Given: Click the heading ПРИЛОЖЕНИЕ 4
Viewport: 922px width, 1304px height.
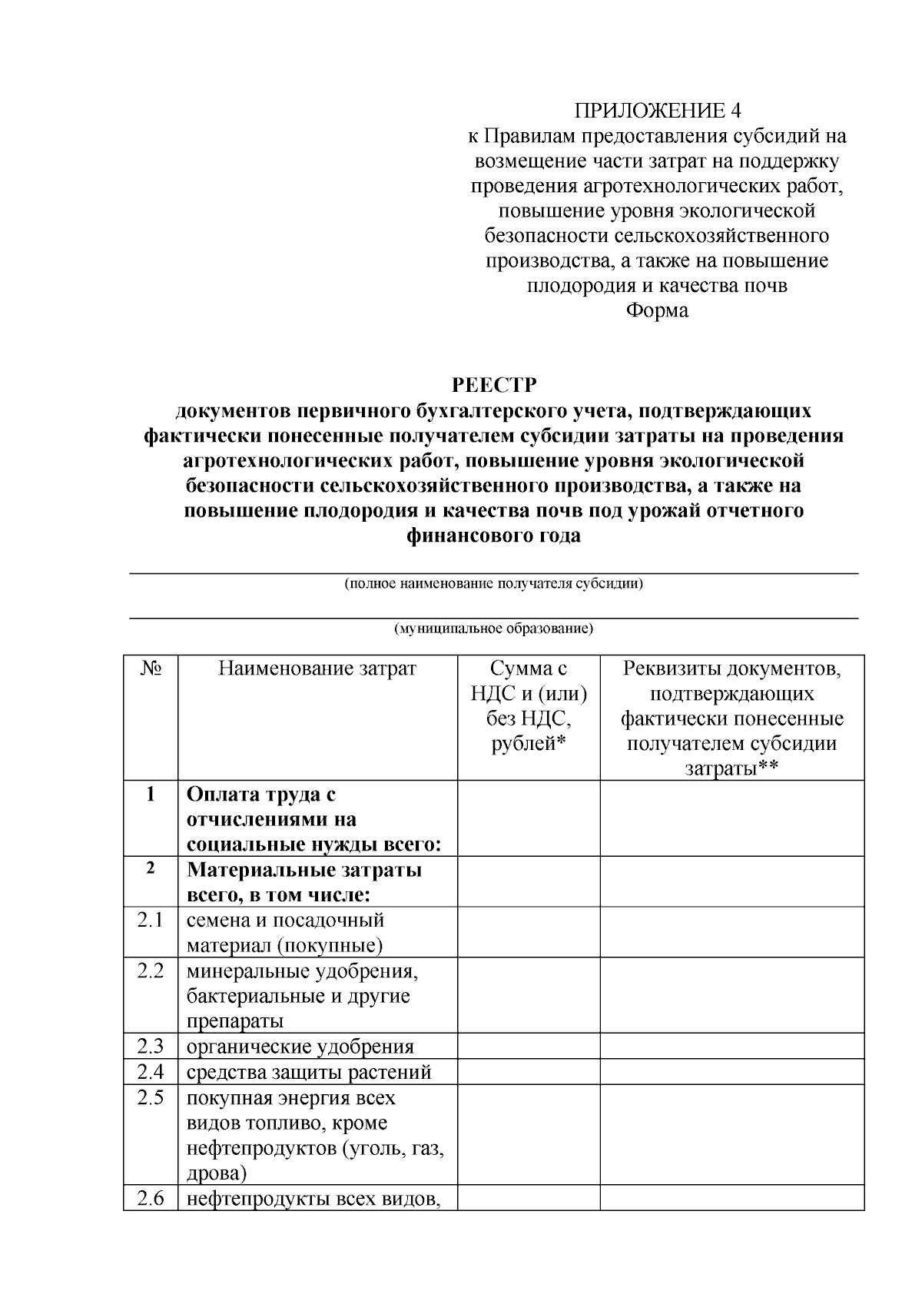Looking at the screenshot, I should [658, 111].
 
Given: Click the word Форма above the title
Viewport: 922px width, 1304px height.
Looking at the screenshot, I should [657, 310].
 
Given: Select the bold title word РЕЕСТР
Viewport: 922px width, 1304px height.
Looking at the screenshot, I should [493, 384].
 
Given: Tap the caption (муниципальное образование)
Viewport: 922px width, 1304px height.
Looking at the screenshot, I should [493, 629].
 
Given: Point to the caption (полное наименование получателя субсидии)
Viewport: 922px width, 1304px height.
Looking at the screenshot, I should [493, 583].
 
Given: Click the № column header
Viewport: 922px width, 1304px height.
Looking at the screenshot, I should [151, 669].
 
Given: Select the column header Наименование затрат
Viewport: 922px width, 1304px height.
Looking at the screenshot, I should [317, 669].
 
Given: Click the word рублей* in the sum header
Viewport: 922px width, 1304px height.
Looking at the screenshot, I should [529, 744].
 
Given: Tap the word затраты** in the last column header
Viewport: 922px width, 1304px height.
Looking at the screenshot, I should [731, 768].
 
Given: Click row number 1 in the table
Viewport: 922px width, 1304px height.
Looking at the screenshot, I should [151, 794].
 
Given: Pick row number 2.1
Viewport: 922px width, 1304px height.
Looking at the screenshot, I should [151, 920].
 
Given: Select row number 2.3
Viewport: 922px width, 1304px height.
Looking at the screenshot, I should [151, 1046].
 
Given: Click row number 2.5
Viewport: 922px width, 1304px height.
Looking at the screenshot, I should [151, 1097].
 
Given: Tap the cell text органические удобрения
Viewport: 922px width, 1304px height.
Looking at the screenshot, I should [300, 1047].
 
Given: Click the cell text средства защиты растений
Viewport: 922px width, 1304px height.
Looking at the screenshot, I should [309, 1072].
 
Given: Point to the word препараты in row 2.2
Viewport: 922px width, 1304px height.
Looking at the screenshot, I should [235, 1021].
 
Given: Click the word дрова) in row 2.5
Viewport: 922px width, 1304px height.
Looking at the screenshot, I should [217, 1173].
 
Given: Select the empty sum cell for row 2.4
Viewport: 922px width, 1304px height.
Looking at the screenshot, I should [529, 1072].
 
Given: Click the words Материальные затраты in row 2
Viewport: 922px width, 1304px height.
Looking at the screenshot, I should [304, 870].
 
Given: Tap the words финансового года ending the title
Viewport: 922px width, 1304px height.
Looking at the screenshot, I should [493, 536].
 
